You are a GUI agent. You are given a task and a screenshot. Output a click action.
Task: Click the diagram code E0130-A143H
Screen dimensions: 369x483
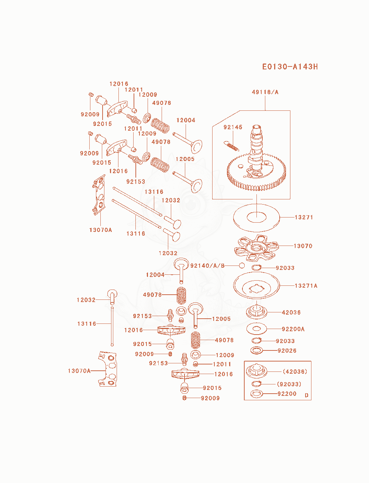[x=290, y=66]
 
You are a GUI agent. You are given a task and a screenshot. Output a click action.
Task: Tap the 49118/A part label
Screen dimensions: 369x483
[x=265, y=92]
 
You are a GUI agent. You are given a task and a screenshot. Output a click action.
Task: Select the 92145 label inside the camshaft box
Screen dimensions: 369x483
[x=233, y=127]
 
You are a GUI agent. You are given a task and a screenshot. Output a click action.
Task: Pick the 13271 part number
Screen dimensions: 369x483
[x=304, y=217]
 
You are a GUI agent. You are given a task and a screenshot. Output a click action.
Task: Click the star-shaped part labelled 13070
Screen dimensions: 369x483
[x=256, y=248]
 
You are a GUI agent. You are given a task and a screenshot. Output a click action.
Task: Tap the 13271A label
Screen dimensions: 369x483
[x=306, y=285]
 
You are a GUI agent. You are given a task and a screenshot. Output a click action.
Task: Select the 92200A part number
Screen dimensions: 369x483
[x=293, y=329]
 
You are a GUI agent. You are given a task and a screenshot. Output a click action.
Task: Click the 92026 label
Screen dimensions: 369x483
[x=287, y=350]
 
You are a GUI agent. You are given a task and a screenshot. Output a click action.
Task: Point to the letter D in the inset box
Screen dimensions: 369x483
[x=306, y=395]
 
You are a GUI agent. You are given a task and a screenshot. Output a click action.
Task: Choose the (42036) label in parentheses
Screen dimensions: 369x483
[x=295, y=371]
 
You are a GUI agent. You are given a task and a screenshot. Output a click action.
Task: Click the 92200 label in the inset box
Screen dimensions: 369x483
[x=287, y=394]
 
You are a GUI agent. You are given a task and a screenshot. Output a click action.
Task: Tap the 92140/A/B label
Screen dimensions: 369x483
[x=207, y=266]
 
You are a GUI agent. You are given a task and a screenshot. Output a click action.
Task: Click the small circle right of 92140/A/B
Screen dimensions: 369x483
[x=242, y=266]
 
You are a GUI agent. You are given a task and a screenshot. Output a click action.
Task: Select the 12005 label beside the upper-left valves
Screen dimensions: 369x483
[x=185, y=159]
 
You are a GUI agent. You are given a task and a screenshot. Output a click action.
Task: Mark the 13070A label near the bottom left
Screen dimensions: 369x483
[x=79, y=371]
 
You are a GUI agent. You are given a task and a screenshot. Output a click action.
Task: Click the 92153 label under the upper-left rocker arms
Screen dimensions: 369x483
[x=135, y=182]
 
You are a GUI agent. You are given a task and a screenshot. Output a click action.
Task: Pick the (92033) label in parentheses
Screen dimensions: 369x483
[x=289, y=384]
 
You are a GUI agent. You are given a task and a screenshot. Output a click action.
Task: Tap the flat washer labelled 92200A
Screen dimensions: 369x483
[x=256, y=329]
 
